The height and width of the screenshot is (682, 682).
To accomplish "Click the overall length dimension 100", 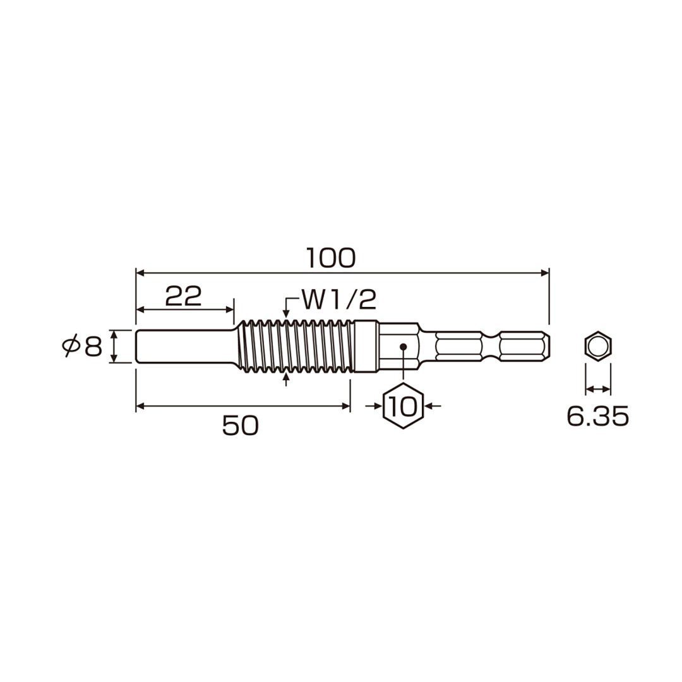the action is tap(332, 258).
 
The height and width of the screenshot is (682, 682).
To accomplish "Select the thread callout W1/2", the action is tap(338, 300).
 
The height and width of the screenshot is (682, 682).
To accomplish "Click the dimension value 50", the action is tap(241, 426).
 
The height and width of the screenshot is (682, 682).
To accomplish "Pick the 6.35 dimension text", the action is tap(598, 416).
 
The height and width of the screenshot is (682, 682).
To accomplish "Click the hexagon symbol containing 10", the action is tap(403, 406).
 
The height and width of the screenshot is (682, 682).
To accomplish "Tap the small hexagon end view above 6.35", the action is tap(598, 346).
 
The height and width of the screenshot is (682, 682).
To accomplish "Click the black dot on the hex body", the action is tap(403, 347).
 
